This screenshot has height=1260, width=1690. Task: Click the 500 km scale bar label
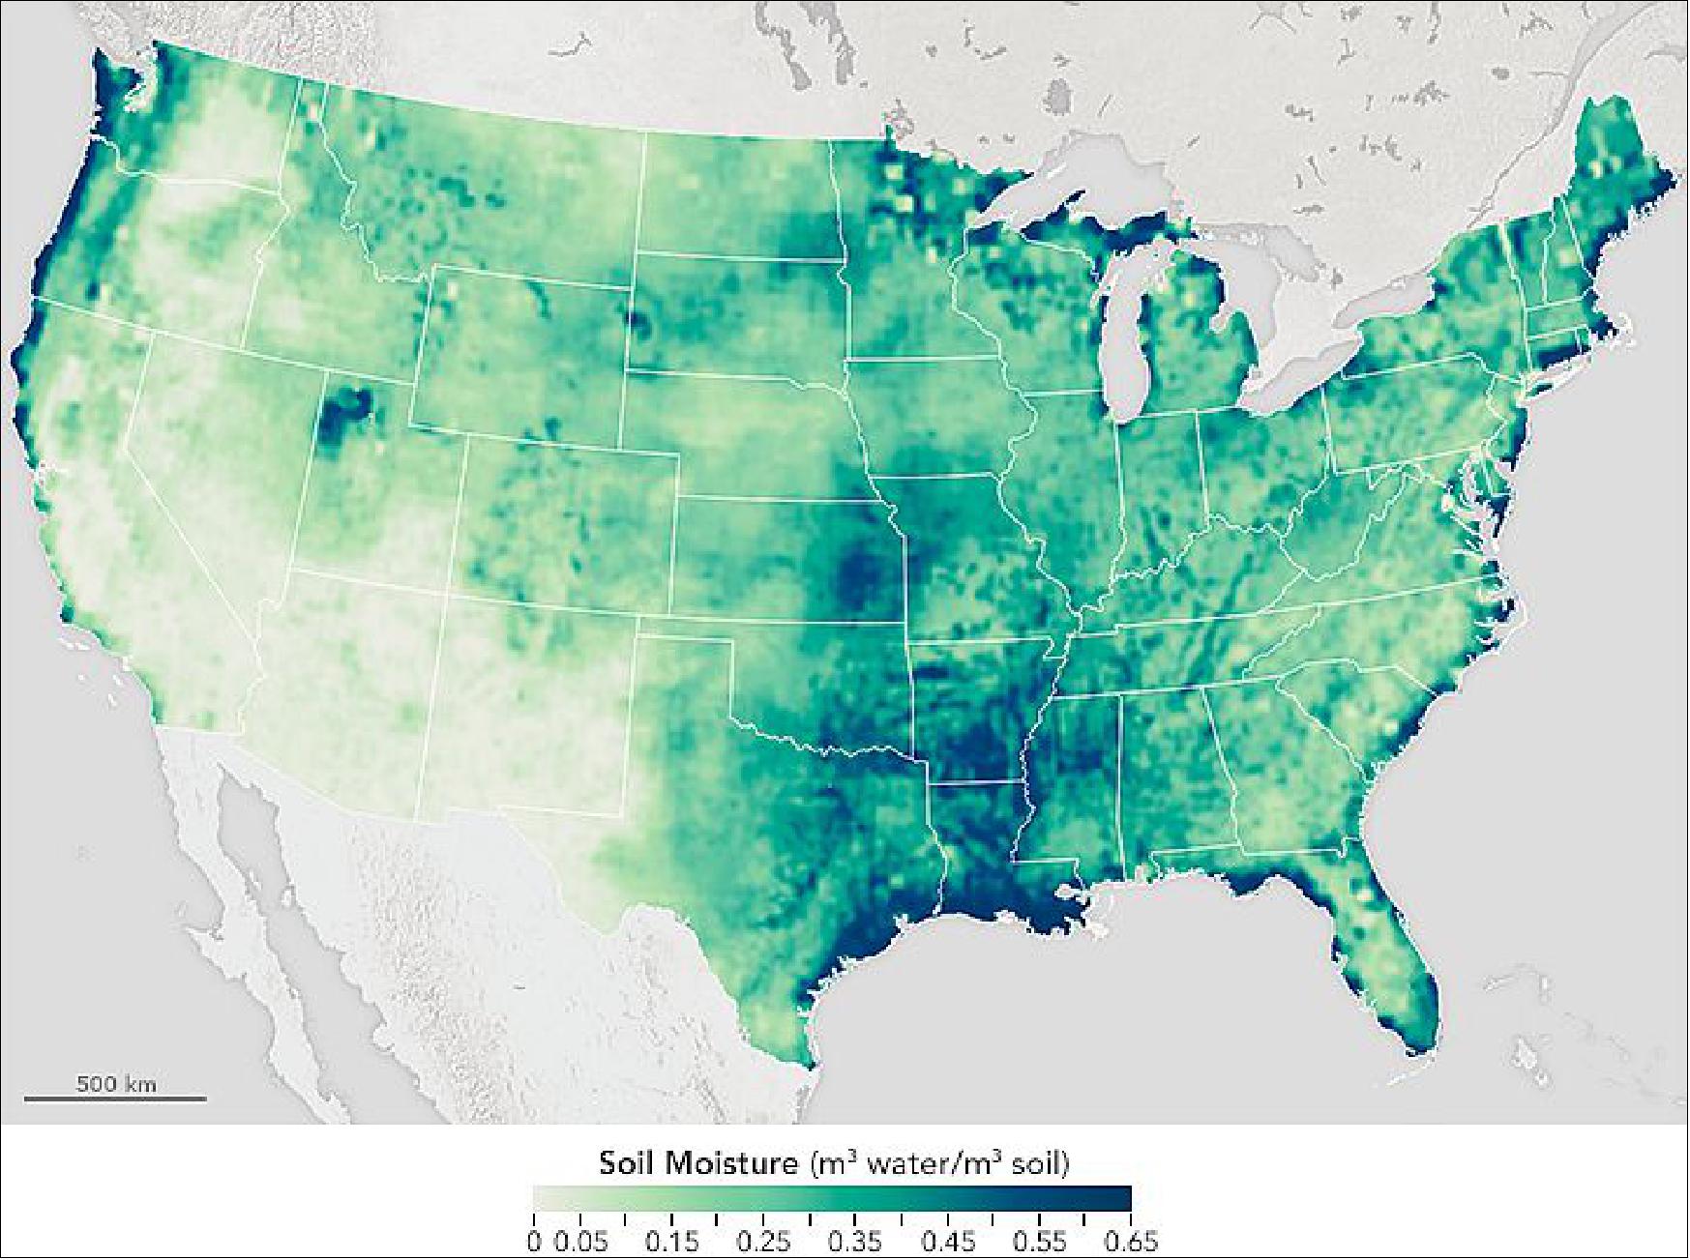(x=115, y=1083)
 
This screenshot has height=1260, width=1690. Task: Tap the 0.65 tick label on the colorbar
(x=1131, y=1242)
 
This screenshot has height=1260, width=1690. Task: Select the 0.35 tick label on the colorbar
(x=856, y=1242)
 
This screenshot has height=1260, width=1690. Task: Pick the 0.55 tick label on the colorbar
(x=1039, y=1242)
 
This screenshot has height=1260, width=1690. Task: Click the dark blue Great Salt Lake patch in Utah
(x=344, y=413)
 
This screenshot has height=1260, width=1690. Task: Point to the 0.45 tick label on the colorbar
(x=948, y=1242)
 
